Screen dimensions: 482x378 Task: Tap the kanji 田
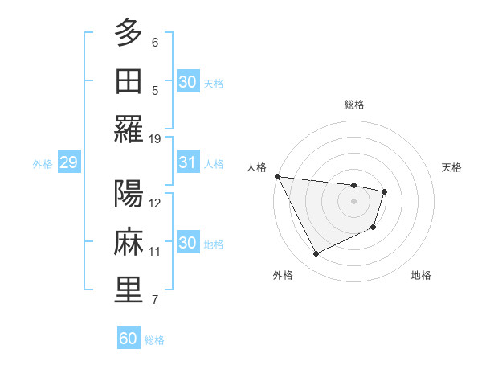128,80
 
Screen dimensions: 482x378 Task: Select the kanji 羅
128,129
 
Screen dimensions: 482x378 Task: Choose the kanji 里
128,290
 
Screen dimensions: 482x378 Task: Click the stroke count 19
155,139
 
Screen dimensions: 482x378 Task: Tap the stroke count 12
155,203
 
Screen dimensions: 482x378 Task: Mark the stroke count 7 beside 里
155,301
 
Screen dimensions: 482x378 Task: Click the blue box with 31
187,162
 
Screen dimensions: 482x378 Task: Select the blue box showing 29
68,163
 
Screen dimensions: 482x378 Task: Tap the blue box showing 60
129,339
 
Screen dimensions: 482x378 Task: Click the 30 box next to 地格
187,244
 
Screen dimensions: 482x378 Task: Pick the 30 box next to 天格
187,81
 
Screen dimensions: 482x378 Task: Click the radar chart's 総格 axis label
354,105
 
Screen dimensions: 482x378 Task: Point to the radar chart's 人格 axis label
257,167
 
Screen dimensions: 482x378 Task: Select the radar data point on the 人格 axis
277,176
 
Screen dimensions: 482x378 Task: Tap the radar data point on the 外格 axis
316,254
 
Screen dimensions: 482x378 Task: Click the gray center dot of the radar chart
353,201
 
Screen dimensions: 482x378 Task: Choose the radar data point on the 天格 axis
385,191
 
